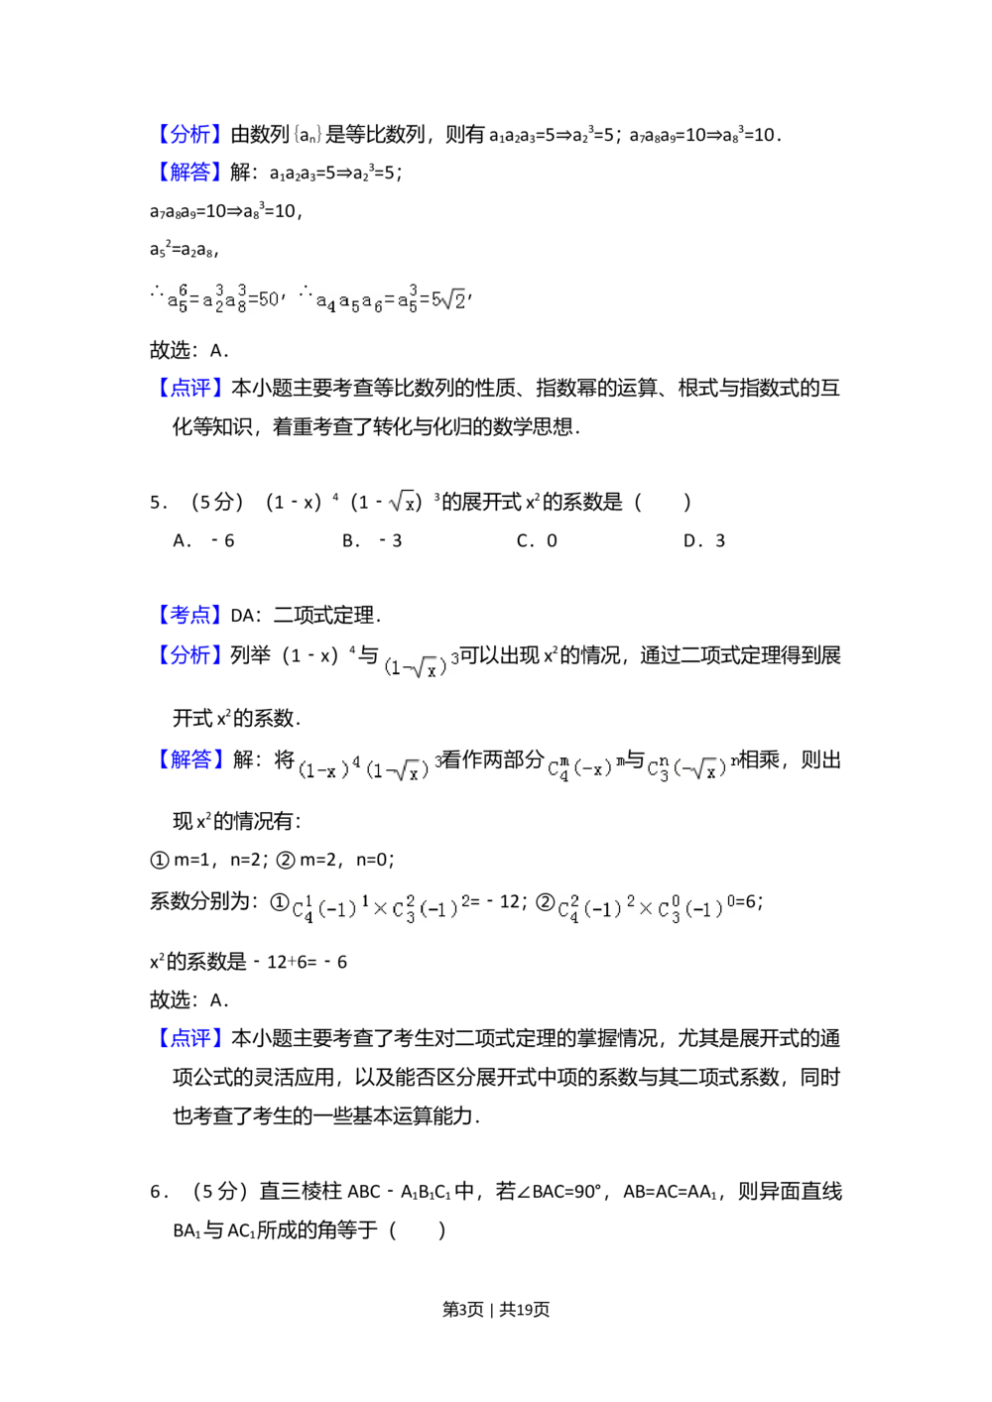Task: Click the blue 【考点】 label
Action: [189, 615]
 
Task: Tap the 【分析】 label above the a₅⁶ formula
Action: [189, 134]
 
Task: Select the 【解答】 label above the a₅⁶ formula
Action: [189, 172]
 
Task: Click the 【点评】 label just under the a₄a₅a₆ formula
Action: [189, 388]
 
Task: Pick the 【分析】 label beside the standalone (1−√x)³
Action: [189, 654]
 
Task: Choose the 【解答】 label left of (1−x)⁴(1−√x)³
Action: [189, 759]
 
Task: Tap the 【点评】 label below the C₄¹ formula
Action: [189, 1038]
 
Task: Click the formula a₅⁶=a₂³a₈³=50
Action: [222, 297]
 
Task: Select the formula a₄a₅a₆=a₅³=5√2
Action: [388, 298]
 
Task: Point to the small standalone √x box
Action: [401, 502]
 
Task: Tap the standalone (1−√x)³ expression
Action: [418, 663]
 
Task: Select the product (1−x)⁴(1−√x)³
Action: [369, 766]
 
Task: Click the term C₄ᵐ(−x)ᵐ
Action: [583, 768]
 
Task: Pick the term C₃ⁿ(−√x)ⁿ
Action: [693, 768]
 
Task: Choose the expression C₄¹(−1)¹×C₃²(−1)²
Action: [381, 908]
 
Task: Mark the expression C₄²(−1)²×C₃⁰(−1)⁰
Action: [643, 908]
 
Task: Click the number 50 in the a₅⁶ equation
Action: [268, 298]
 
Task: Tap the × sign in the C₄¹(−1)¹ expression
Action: [380, 908]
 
